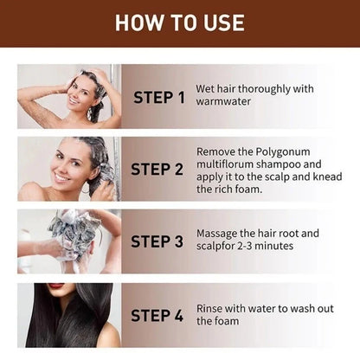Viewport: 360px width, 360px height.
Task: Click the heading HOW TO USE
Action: click(179, 22)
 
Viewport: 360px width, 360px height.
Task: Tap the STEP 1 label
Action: click(158, 98)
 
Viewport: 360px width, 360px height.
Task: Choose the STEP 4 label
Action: click(158, 313)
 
